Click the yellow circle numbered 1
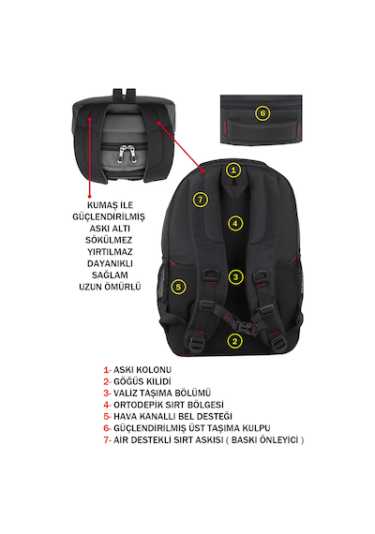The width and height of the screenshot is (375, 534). pyautogui.click(x=233, y=170)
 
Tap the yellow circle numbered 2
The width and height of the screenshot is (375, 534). pyautogui.click(x=235, y=341)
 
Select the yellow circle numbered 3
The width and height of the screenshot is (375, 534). pyautogui.click(x=235, y=277)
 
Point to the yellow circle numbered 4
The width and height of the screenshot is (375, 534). pyautogui.click(x=235, y=224)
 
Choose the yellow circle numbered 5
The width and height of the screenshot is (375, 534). pyautogui.click(x=178, y=287)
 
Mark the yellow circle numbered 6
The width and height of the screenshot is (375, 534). pyautogui.click(x=262, y=113)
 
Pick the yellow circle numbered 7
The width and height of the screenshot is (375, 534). pyautogui.click(x=201, y=200)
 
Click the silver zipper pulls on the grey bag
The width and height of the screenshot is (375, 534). pyautogui.click(x=127, y=154)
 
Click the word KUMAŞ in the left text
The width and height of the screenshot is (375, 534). pyautogui.click(x=100, y=205)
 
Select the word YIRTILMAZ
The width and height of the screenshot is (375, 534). pyautogui.click(x=110, y=252)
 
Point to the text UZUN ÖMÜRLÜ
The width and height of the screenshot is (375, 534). pyautogui.click(x=110, y=287)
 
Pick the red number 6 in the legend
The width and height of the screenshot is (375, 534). pyautogui.click(x=107, y=428)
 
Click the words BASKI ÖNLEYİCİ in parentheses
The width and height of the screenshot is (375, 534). pyautogui.click(x=265, y=439)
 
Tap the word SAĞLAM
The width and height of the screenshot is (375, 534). pyautogui.click(x=110, y=274)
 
